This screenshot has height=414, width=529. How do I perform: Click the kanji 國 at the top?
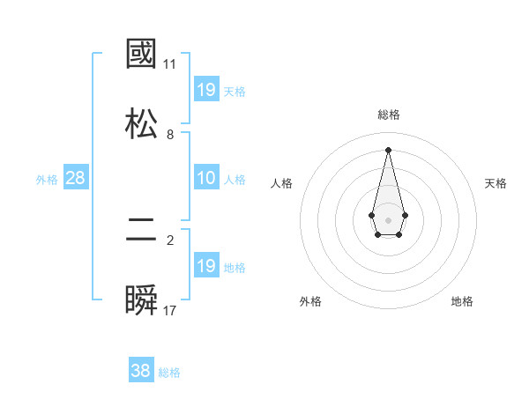tap(142, 54)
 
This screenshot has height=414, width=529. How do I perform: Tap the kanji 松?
tap(142, 123)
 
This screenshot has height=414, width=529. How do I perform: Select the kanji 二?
tap(142, 231)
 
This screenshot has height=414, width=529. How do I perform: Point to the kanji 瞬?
tap(142, 300)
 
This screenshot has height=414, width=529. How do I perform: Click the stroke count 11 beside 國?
tap(169, 64)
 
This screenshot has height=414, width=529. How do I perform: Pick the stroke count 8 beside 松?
tap(170, 134)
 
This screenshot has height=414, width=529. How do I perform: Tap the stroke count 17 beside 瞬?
tap(169, 311)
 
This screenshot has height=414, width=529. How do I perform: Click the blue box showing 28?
tap(76, 178)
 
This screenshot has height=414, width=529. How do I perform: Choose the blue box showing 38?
tap(141, 371)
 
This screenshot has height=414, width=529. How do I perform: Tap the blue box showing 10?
tap(206, 178)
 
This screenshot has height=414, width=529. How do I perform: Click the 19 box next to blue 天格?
tap(206, 89)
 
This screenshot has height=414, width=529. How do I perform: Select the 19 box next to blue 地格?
tap(206, 266)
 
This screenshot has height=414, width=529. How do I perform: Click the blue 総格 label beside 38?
tap(169, 373)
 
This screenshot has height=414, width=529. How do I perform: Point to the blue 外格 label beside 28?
tap(47, 180)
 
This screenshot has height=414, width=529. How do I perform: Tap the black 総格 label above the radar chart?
tap(388, 115)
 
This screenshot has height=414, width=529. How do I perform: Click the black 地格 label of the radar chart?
tap(462, 301)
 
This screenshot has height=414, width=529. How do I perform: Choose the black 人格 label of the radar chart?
tap(281, 183)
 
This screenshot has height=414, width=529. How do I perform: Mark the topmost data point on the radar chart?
tap(388, 149)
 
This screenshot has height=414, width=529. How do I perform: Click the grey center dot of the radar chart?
tap(388, 218)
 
